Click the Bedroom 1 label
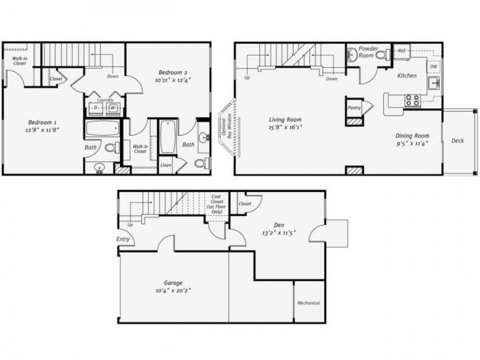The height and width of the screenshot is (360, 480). tap(40, 122)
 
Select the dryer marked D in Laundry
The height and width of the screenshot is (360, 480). tap(95, 108)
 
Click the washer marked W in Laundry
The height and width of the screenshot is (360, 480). tap(113, 108)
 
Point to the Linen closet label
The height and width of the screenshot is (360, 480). tap(166, 165)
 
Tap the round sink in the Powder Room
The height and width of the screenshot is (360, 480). tap(352, 55)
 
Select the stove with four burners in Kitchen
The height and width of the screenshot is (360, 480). tap(412, 100)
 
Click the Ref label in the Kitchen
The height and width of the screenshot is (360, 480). tap(402, 51)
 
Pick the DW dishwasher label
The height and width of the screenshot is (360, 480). tap(433, 67)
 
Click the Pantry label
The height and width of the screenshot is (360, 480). tap(354, 108)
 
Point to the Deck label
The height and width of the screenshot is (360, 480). tap(458, 141)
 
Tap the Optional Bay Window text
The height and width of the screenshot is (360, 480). tap(227, 127)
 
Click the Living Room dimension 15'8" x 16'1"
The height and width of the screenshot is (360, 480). tap(285, 127)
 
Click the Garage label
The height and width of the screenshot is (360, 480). tap(173, 282)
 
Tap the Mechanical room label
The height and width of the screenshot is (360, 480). tap(308, 303)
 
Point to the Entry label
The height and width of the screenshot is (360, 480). tap(123, 239)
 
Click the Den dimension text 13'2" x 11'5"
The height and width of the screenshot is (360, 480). tap(279, 232)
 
